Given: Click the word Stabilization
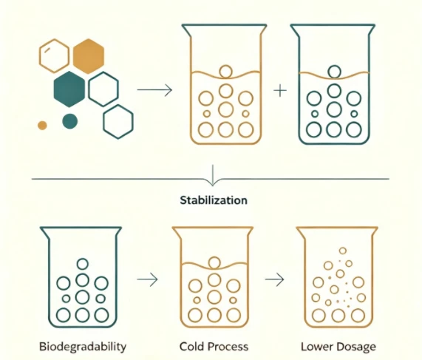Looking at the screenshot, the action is click(x=214, y=200).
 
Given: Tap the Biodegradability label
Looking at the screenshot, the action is click(x=83, y=347).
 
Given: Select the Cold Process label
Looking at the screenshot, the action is click(x=214, y=347).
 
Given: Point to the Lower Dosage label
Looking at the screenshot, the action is click(x=338, y=347).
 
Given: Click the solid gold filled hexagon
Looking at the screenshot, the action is click(x=89, y=56).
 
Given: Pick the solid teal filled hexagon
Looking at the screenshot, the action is click(x=69, y=89).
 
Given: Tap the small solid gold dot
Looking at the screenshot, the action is click(x=42, y=125).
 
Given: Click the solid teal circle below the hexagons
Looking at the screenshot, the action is click(x=69, y=121).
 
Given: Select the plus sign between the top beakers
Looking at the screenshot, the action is click(x=280, y=90).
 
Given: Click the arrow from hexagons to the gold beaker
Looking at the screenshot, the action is click(x=154, y=89).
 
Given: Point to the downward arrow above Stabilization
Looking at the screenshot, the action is click(x=213, y=175).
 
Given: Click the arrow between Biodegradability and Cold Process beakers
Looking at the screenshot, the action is click(x=147, y=279).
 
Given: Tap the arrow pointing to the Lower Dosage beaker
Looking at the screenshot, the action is click(x=274, y=279).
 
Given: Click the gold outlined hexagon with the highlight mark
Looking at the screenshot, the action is click(x=39, y=56).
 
